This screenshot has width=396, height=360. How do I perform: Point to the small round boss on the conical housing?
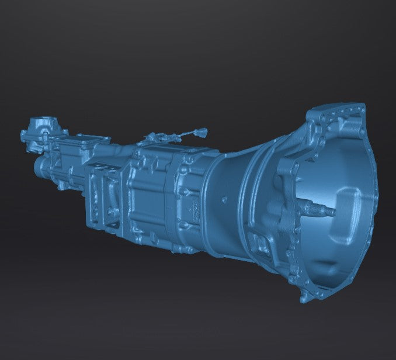[x=223, y=200]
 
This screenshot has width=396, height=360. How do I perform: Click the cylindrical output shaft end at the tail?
[x=39, y=166]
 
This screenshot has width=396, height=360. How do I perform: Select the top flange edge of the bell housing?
[x=339, y=109]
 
